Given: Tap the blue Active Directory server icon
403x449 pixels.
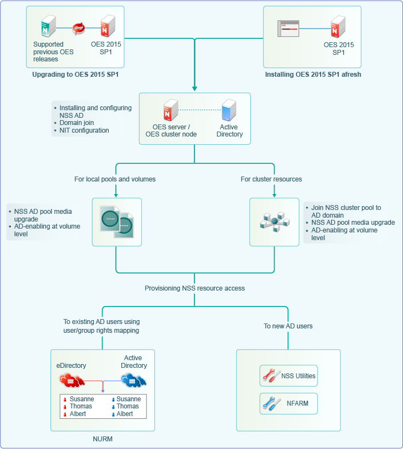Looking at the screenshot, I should pyautogui.click(x=229, y=110).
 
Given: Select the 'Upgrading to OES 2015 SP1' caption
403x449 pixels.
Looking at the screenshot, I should pyautogui.click(x=76, y=74).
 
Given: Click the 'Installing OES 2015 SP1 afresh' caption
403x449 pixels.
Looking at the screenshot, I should pyautogui.click(x=313, y=74).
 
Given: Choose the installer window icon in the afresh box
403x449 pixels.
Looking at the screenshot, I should pyautogui.click(x=289, y=28).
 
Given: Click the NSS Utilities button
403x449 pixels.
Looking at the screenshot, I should pyautogui.click(x=289, y=376).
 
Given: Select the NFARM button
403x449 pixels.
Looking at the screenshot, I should pyautogui.click(x=289, y=403).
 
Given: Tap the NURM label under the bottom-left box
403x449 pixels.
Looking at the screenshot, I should pyautogui.click(x=103, y=439).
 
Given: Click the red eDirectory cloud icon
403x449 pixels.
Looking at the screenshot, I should pyautogui.click(x=72, y=379).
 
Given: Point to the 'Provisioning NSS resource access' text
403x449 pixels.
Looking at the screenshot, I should pyautogui.click(x=195, y=288).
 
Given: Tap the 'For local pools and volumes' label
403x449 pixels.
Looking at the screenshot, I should pyautogui.click(x=115, y=179).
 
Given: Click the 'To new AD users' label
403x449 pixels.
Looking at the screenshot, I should pyautogui.click(x=288, y=326).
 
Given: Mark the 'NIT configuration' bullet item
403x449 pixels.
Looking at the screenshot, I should pyautogui.click(x=84, y=130).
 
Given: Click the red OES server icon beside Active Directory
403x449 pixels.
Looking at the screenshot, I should pyautogui.click(x=171, y=110).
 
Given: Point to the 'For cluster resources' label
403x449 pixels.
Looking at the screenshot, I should pyautogui.click(x=271, y=179).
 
